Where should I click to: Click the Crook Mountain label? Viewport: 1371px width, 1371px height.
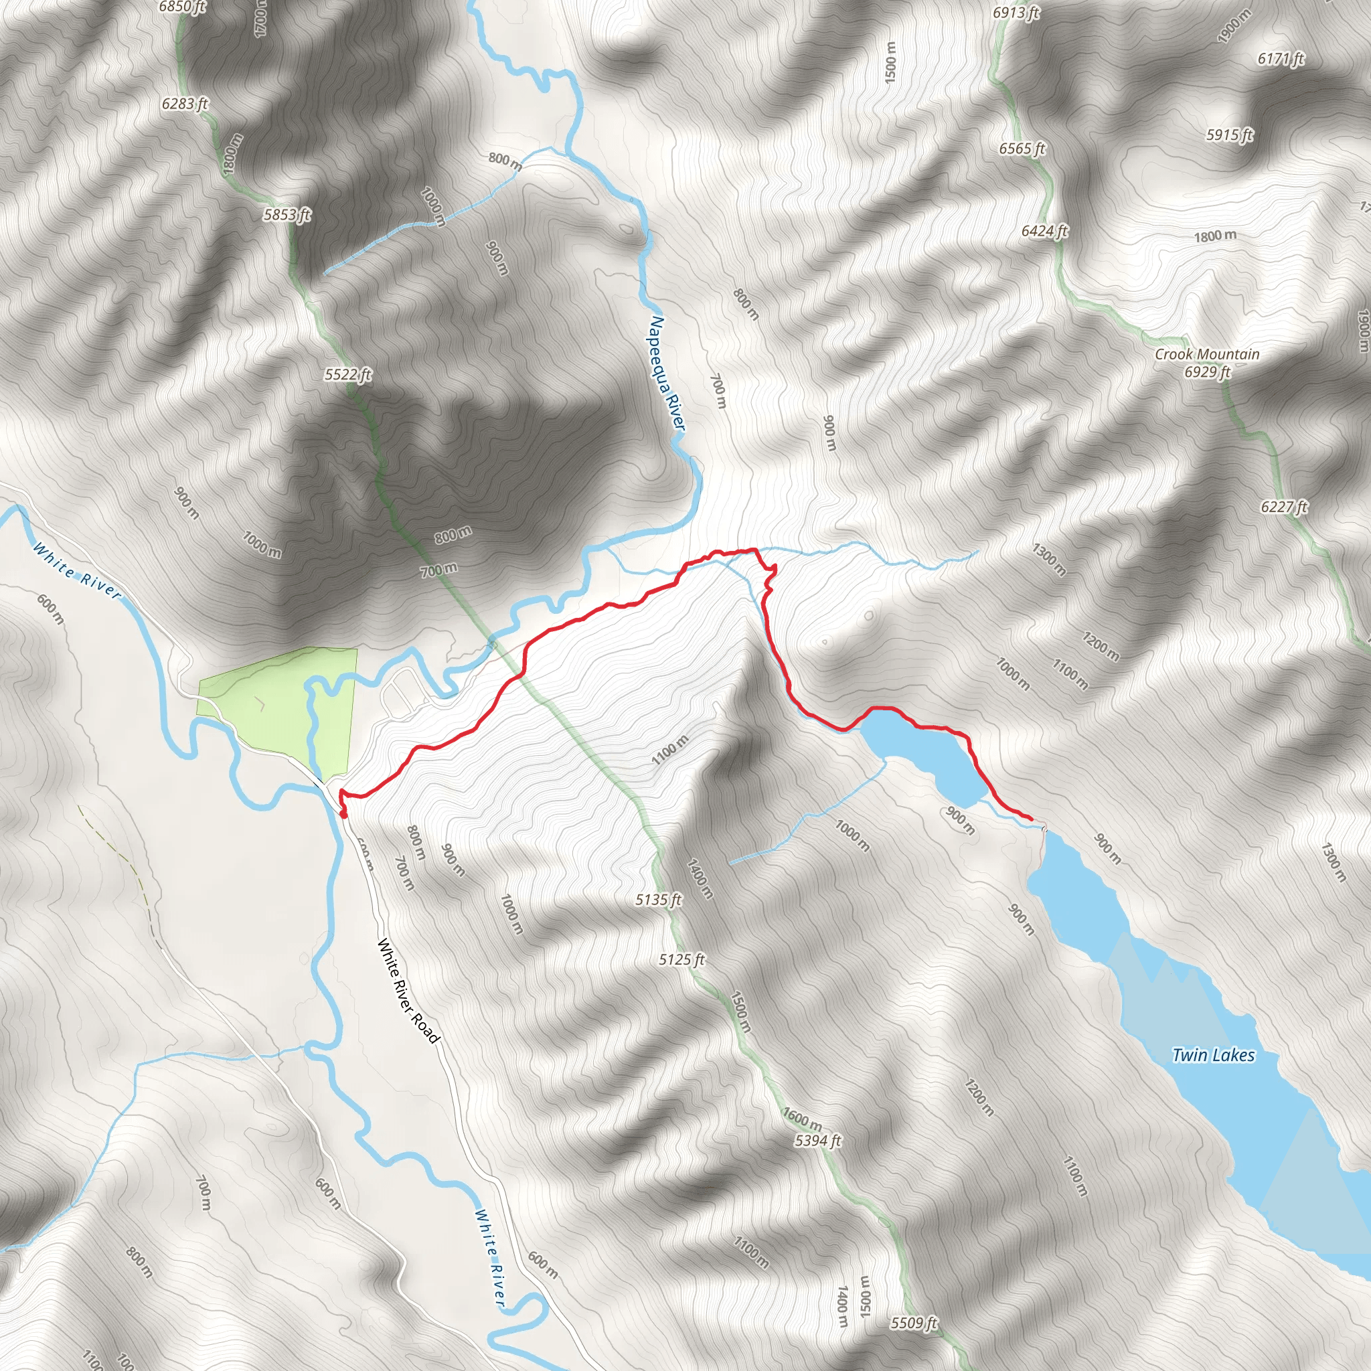[1207, 354]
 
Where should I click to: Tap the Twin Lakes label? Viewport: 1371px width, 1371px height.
[1213, 1055]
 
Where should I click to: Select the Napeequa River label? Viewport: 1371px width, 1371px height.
[667, 374]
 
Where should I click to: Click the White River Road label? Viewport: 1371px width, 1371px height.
[408, 991]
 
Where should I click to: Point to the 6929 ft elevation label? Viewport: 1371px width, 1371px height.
[1207, 372]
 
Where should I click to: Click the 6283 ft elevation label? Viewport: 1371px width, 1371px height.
[185, 104]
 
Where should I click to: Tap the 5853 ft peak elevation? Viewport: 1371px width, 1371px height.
[287, 214]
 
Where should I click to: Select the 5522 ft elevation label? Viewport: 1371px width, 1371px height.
[347, 374]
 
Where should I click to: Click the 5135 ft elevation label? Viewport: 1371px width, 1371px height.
[658, 900]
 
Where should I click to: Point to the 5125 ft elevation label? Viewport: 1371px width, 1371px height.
[681, 959]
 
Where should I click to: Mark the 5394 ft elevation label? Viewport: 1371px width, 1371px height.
[817, 1140]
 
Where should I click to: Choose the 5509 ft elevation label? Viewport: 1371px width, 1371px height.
[914, 1323]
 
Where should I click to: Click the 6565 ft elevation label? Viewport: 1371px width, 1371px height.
[1022, 149]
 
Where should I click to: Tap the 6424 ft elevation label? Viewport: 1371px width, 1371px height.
[1044, 231]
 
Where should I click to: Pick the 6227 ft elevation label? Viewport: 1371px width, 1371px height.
[1284, 507]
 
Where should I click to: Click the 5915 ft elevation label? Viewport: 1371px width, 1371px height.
[1230, 135]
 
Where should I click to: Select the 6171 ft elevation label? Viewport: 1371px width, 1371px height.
[1281, 59]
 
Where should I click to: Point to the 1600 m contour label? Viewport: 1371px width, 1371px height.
[803, 1119]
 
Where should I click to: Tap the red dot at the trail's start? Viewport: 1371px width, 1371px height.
[343, 815]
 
